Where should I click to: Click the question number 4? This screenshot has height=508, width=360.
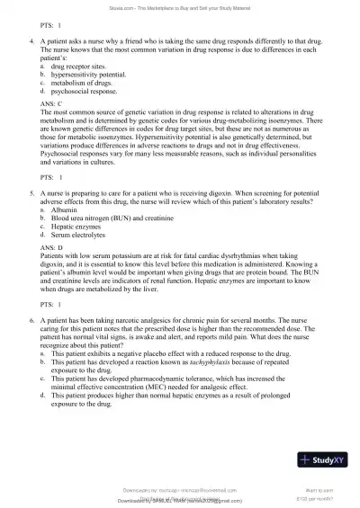point(33,41)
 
